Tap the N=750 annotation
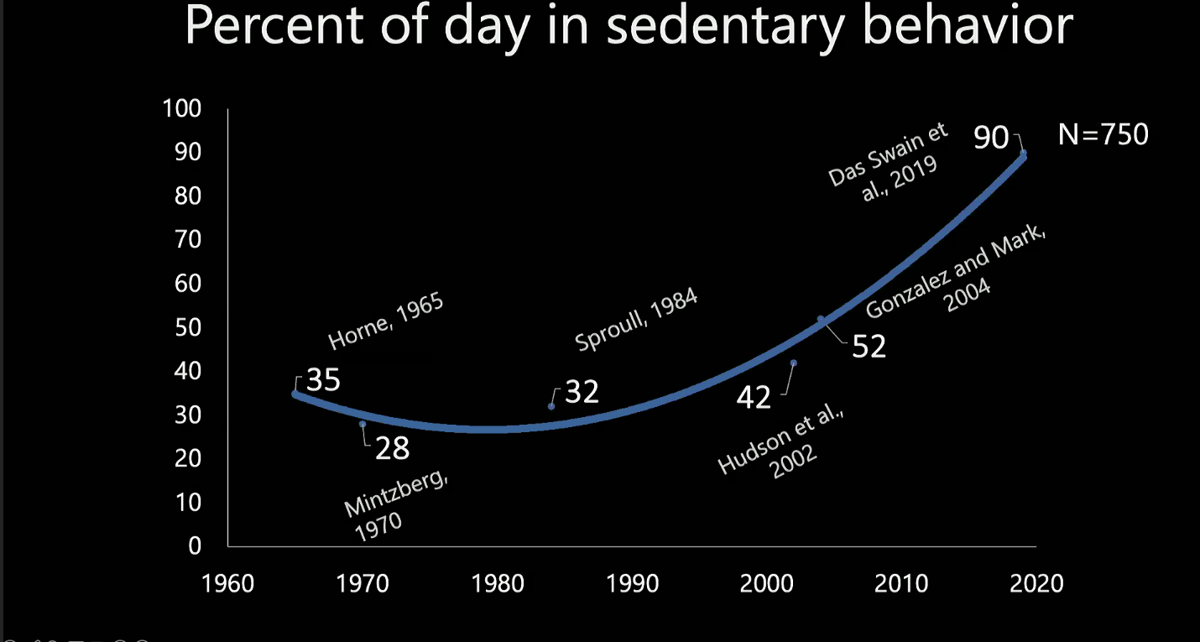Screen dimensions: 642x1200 click(x=1103, y=134)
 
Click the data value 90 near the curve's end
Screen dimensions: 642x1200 click(x=990, y=138)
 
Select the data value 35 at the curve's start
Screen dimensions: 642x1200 click(x=323, y=380)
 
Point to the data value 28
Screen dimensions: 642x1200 click(x=392, y=448)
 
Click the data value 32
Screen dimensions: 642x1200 click(x=582, y=392)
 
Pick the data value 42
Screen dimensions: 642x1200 click(x=754, y=397)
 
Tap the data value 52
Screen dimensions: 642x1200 click(x=869, y=347)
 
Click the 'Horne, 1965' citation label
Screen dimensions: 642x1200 click(x=385, y=321)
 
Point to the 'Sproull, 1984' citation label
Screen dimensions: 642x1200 click(x=636, y=321)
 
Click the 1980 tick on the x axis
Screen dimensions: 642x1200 click(x=497, y=583)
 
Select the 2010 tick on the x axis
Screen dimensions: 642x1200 click(x=902, y=583)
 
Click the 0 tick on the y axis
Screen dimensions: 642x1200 click(x=195, y=545)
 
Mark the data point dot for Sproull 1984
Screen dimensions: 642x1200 click(x=551, y=406)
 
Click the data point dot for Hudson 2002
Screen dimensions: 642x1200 click(x=794, y=363)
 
